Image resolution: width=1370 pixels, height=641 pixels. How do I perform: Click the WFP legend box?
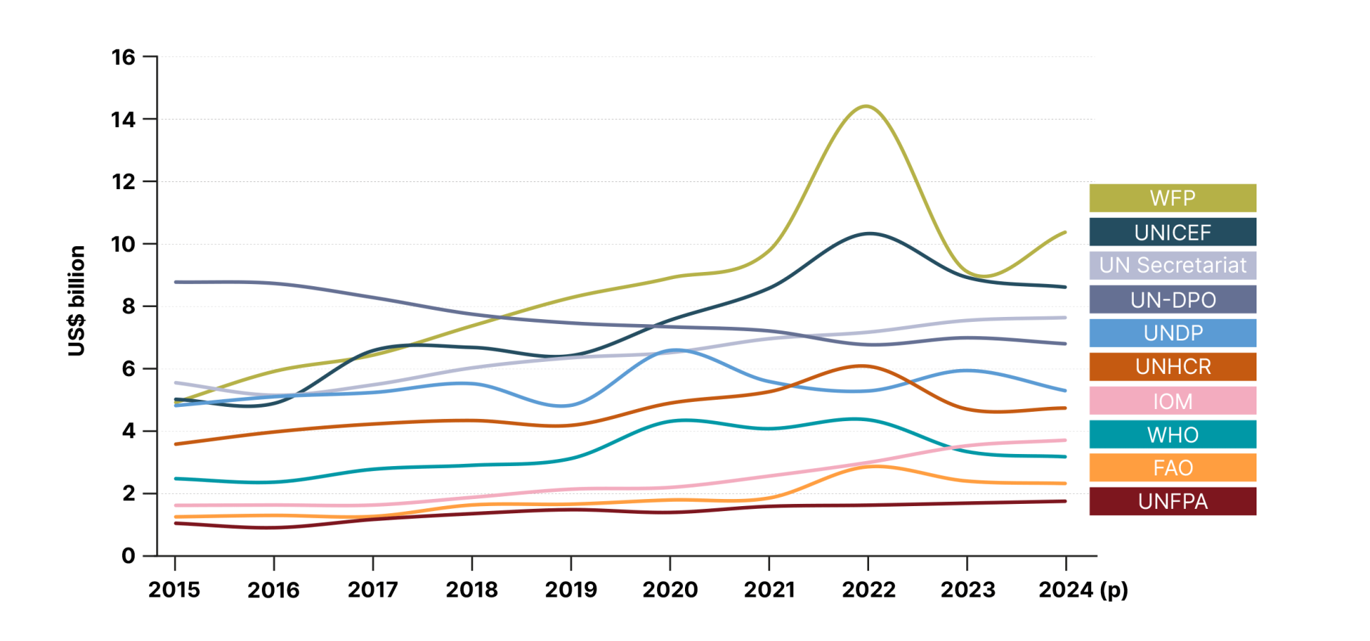click(1172, 198)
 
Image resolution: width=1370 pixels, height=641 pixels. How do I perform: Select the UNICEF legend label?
click(1172, 232)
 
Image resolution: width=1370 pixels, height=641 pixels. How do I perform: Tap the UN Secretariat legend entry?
click(1172, 266)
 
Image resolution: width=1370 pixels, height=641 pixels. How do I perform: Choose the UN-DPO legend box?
click(1172, 299)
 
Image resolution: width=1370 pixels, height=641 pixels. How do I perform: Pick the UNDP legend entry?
click(1172, 333)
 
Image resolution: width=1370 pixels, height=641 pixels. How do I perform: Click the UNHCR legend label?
click(1172, 366)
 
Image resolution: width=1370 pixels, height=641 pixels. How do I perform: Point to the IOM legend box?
click(1172, 400)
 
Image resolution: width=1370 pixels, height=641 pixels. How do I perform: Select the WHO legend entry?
click(1172, 434)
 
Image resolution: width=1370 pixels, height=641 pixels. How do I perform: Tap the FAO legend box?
click(1172, 468)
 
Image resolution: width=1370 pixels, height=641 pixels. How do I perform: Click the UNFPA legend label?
click(1172, 501)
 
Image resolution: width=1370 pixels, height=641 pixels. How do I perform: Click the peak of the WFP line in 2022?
click(866, 106)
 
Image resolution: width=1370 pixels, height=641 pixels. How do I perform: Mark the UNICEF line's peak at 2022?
click(868, 233)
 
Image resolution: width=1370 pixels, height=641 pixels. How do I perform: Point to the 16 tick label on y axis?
click(123, 57)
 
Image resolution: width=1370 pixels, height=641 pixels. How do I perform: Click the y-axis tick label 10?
click(123, 244)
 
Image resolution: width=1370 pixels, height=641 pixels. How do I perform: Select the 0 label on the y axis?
click(128, 555)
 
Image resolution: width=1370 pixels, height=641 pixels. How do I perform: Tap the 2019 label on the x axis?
click(571, 590)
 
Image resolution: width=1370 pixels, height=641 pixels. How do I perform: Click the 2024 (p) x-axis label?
click(1082, 590)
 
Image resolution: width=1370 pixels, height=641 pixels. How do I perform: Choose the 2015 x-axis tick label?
click(175, 590)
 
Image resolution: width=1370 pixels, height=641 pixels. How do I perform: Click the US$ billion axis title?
click(76, 301)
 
